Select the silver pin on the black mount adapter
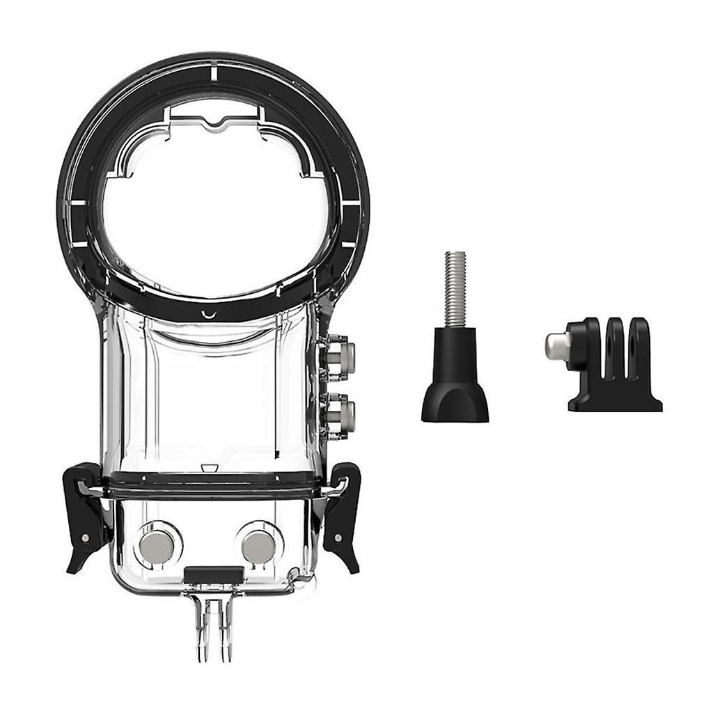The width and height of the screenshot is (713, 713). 557,346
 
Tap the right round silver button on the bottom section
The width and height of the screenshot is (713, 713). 259,546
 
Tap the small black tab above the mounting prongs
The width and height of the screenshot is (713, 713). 214,575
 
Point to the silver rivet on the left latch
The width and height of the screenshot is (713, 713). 84,538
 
